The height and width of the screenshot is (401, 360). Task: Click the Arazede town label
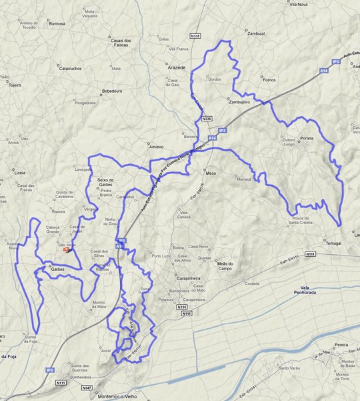(176, 68)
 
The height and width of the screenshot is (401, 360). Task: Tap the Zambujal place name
(255, 33)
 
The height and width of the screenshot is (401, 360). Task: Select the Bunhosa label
(57, 23)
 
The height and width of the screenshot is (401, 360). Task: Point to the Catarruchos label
(70, 68)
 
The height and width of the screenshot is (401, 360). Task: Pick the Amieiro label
(156, 146)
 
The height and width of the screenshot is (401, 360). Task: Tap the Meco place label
(211, 173)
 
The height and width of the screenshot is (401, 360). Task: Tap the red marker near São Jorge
(74, 251)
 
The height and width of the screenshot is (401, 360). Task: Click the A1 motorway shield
(119, 246)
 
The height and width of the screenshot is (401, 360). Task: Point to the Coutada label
(252, 283)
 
